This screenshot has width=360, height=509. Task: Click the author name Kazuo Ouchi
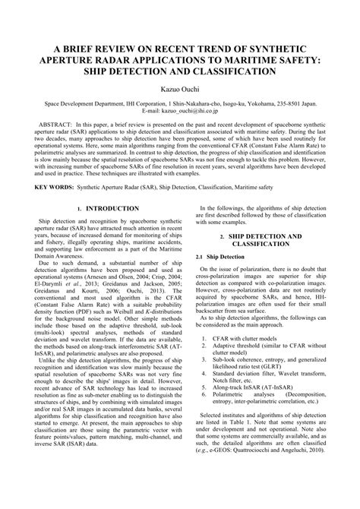coord(180,90)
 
